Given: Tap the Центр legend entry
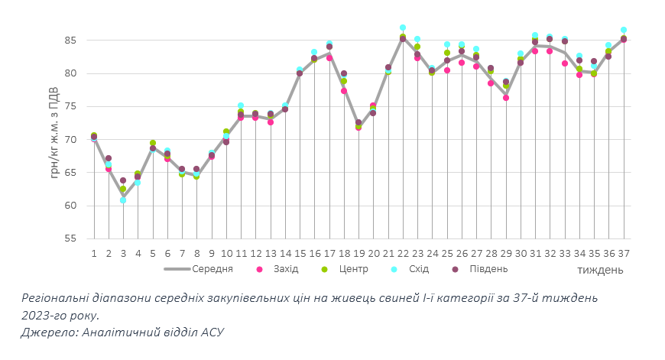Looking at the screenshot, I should pyautogui.click(x=353, y=269).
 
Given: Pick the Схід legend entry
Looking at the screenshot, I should pyautogui.click(x=417, y=269).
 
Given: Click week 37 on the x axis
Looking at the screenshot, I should pyautogui.click(x=624, y=253).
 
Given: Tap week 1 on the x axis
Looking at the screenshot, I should pyautogui.click(x=93, y=253).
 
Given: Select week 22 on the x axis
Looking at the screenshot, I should pyautogui.click(x=403, y=253).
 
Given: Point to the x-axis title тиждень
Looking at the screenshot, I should pyautogui.click(x=600, y=270).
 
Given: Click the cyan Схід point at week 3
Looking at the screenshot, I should pyautogui.click(x=123, y=200).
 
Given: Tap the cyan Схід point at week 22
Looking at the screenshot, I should pyautogui.click(x=403, y=28).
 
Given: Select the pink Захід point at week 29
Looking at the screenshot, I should pyautogui.click(x=506, y=98).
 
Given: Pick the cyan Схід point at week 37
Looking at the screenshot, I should pyautogui.click(x=624, y=30).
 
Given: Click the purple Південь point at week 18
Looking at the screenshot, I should pyautogui.click(x=344, y=73).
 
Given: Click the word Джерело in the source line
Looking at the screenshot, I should pyautogui.click(x=48, y=332).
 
